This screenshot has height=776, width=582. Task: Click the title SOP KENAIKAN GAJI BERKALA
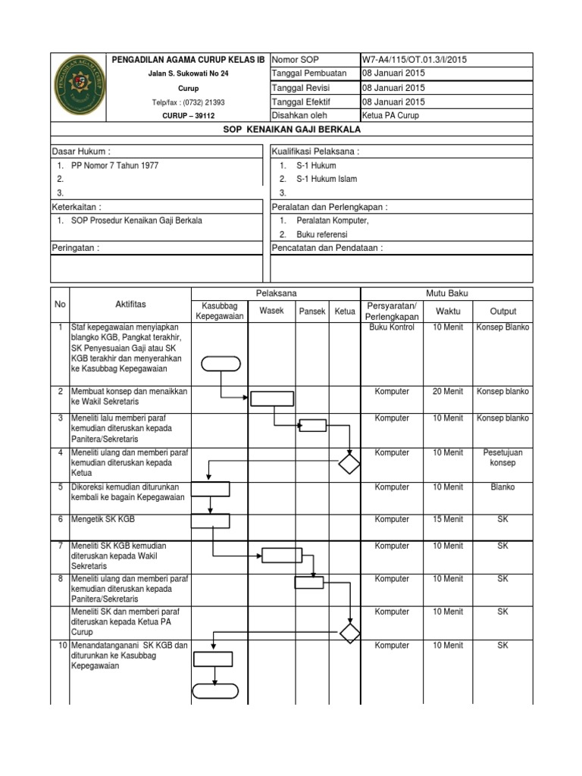coord(292,129)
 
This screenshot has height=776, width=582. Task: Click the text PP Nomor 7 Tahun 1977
coord(114,165)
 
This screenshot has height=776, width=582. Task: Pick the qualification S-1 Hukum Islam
coord(327,179)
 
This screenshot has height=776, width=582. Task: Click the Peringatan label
coord(76,248)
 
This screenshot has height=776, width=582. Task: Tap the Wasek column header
coord(271,311)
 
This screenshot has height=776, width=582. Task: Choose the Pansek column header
coord(311,311)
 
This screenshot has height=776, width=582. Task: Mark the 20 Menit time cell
coord(447,392)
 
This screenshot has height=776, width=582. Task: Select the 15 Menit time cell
coord(447,520)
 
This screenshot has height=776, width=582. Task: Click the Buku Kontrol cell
coord(392,327)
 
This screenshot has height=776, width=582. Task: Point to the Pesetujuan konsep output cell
coord(503,457)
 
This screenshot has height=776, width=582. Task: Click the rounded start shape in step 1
coord(221,363)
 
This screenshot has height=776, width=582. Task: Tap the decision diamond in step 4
coord(349,463)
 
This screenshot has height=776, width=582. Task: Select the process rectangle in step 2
coord(272,398)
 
